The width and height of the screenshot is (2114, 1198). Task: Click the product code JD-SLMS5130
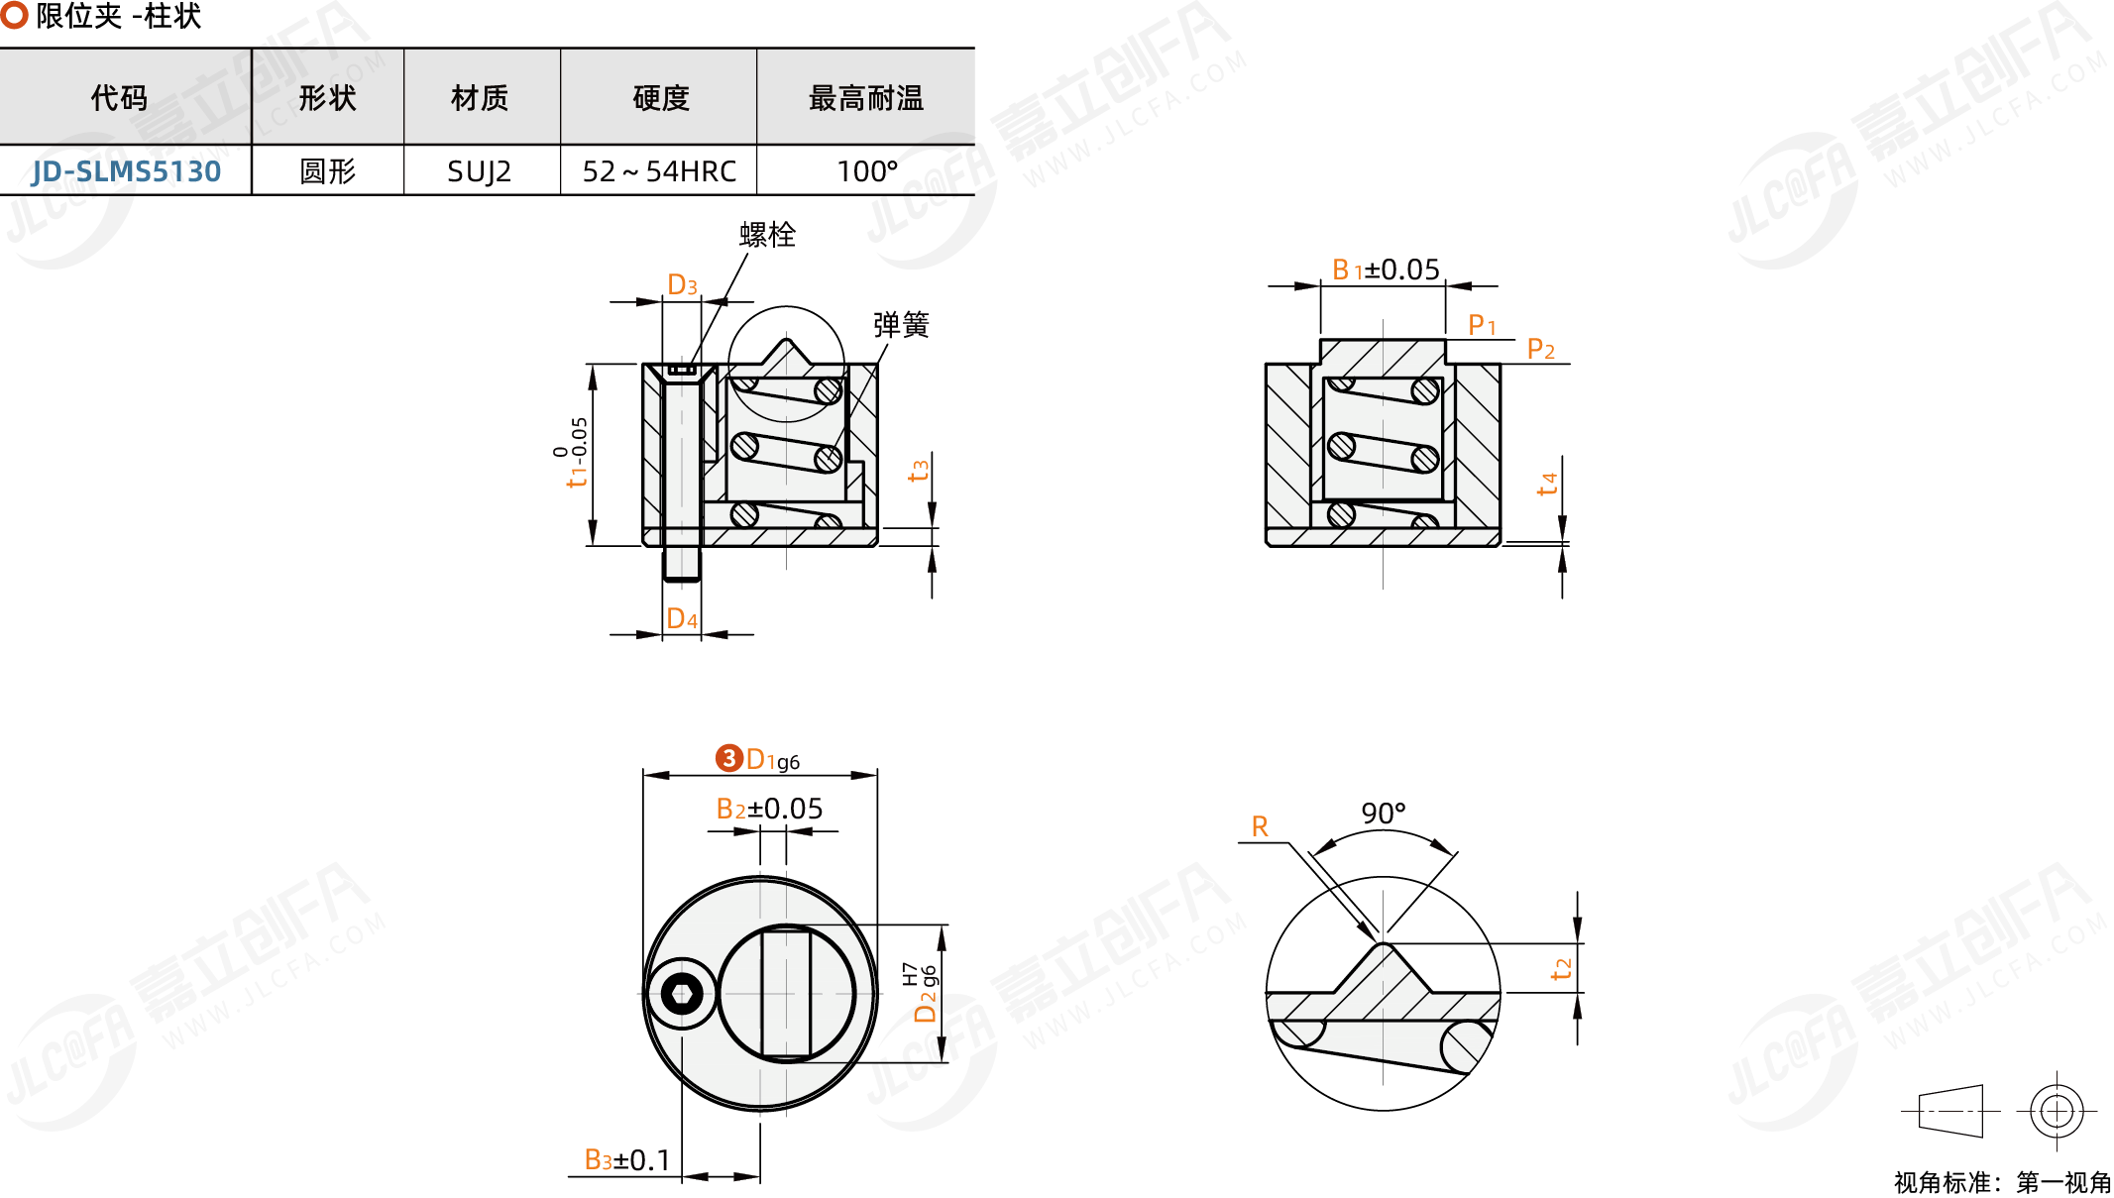pos(126,171)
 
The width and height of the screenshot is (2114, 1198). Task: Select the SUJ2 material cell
pos(479,171)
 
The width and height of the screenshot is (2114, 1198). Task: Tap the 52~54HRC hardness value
pos(659,171)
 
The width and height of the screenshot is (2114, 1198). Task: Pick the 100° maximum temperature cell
pos(866,171)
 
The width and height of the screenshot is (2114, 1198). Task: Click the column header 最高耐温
pos(865,98)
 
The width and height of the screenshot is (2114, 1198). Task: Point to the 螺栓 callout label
pos(767,235)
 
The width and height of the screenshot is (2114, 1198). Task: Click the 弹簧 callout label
pos(900,324)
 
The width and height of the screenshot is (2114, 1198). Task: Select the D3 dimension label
pos(682,285)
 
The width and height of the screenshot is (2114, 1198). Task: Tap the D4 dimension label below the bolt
pos(682,619)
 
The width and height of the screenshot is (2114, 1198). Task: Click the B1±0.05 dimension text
pos(1385,270)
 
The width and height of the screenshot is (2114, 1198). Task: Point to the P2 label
pos(1540,349)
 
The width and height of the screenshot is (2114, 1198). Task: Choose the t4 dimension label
pos(1547,484)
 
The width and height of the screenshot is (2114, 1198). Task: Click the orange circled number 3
pos(729,758)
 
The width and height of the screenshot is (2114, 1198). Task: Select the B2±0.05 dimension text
pos(769,809)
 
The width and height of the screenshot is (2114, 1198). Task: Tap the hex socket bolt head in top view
pos(682,993)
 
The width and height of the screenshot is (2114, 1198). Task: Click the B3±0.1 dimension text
pos(626,1159)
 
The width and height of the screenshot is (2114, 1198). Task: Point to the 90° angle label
pos(1383,814)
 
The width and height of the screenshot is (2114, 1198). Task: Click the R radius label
pos(1260,826)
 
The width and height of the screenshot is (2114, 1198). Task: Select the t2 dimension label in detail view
pos(1561,968)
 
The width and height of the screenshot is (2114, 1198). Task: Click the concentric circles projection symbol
pos(2057,1111)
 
